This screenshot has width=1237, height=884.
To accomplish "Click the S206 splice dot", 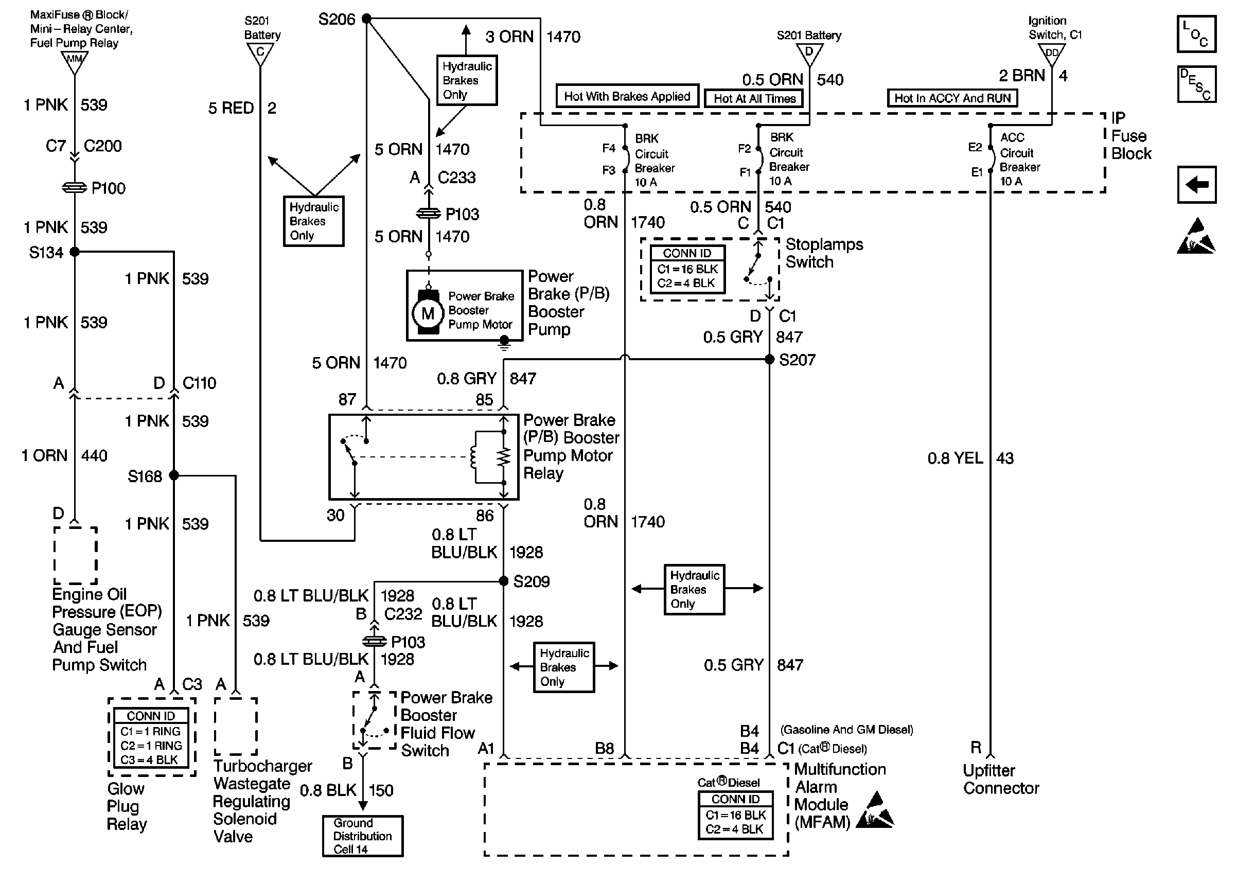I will click(367, 19).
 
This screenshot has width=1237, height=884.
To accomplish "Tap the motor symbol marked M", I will click(428, 313).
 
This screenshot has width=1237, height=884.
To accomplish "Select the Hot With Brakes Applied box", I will click(627, 96).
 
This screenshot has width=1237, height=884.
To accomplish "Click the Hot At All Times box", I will click(754, 98).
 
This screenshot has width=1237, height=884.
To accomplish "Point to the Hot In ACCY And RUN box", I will click(952, 98).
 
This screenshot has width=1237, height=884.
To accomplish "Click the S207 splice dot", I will click(769, 359).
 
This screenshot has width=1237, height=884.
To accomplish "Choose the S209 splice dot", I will click(504, 581).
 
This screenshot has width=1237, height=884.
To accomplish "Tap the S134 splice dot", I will click(75, 252).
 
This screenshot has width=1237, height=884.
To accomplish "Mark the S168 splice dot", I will click(174, 475).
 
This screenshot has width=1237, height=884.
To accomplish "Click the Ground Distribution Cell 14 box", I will click(362, 836).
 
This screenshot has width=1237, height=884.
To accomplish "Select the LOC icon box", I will click(1196, 34).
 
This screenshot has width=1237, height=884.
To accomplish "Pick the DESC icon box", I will click(1196, 84).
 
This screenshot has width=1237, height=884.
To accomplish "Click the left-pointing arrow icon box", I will click(1196, 185).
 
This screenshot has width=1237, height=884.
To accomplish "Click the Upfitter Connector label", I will click(1000, 780).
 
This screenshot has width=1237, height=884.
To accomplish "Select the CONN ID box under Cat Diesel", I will click(735, 815).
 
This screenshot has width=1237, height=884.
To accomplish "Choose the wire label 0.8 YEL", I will click(955, 458).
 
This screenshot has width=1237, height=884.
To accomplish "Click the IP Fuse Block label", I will click(1130, 136).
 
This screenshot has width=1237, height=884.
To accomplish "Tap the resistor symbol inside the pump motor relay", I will click(504, 457).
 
